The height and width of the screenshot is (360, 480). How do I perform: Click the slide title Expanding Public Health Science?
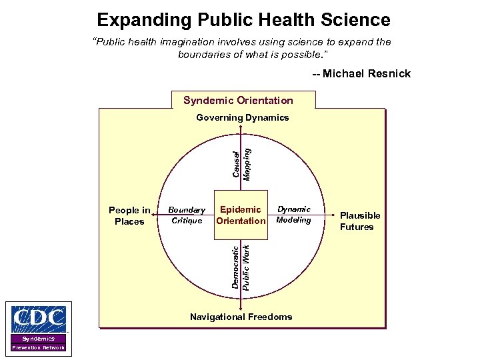pos(243,19)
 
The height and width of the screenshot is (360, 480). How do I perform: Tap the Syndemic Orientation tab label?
pos(238,101)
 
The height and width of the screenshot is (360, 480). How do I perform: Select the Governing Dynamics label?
pos(243,117)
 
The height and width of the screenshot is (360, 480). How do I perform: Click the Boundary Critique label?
pos(187,215)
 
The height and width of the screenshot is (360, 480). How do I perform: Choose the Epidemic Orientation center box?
pos(241,215)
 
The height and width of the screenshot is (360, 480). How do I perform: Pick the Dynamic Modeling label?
pos(294,215)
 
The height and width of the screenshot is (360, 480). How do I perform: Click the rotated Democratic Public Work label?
pos(241,267)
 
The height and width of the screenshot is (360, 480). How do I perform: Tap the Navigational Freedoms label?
pos(241,317)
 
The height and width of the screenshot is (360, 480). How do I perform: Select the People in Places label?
pos(129,216)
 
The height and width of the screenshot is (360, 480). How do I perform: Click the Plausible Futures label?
pos(360,221)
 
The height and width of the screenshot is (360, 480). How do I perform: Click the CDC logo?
pos(39,320)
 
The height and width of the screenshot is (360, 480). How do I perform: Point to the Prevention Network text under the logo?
pos(39,348)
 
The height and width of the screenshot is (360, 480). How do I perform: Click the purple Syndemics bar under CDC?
pos(39,339)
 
